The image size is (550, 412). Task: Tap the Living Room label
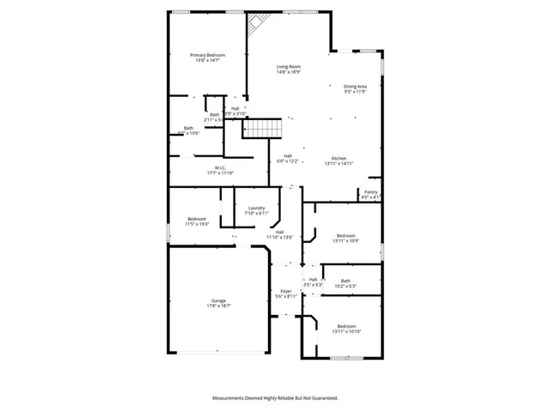[x=288, y=69]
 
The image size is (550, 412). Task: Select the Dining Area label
[x=356, y=88]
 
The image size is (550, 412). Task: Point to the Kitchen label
[x=339, y=160]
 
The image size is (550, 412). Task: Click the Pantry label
[x=370, y=194]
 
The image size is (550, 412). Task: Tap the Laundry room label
[x=256, y=209]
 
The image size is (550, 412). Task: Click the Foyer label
[x=286, y=293]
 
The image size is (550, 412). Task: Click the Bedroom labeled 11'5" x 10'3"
[x=198, y=221]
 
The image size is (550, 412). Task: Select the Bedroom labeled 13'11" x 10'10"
[x=346, y=328]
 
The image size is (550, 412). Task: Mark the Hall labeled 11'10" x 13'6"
[x=280, y=234]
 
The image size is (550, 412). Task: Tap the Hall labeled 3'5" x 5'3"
[x=313, y=282]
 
